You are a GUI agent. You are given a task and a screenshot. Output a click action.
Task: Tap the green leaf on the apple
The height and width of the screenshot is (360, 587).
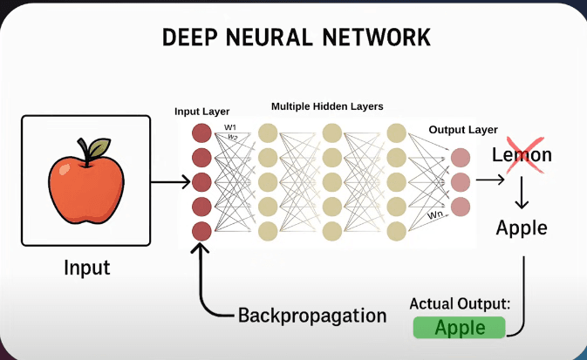pos(98,149)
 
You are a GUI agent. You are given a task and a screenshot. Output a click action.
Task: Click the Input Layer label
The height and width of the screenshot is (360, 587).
pos(202,112)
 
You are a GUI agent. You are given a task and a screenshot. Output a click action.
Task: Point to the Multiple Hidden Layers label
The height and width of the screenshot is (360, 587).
pos(327,106)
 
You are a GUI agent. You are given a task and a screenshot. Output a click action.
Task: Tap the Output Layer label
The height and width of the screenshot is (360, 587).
pos(463,130)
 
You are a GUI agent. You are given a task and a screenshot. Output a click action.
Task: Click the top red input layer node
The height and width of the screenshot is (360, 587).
pos(201,133)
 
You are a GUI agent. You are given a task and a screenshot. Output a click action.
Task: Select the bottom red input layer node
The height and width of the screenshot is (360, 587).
pos(201,231)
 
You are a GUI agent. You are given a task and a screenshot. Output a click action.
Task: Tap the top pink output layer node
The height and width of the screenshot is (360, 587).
pos(461,157)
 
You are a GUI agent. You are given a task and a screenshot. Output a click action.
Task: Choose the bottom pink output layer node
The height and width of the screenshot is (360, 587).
pos(461,206)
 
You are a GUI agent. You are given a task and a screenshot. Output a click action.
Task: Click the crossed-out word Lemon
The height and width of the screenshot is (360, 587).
pos(522,155)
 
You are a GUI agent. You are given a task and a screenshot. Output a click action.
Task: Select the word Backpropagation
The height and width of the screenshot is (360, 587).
pos(312,315)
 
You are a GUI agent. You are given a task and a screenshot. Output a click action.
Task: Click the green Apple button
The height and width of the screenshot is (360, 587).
pos(459,328)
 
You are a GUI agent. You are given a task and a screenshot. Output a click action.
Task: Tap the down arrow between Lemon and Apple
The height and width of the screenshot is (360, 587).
pos(522,193)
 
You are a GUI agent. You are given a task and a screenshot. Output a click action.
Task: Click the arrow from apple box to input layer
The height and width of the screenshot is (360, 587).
pos(169,182)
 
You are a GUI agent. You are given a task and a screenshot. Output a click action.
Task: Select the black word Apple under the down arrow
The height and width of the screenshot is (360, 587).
pos(522,228)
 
